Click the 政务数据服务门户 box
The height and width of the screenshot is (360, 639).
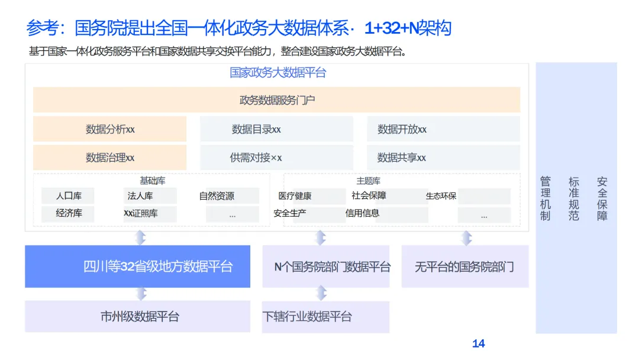click(276, 99)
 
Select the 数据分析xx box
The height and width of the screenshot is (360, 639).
click(110, 129)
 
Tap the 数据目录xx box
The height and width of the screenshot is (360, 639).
click(276, 129)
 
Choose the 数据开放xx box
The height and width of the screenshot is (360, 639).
click(443, 129)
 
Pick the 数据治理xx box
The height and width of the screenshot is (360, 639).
click(110, 157)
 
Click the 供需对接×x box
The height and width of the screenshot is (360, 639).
click(276, 157)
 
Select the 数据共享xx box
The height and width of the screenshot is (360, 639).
click(443, 157)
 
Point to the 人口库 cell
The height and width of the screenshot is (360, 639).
click(68, 196)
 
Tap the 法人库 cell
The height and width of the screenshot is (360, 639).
click(141, 196)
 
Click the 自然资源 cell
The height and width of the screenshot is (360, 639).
click(217, 196)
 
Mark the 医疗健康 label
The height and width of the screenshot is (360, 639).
click(295, 196)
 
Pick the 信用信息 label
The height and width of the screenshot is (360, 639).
click(362, 213)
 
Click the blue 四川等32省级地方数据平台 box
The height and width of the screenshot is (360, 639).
click(137, 266)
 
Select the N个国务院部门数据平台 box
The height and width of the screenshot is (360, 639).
click(326, 267)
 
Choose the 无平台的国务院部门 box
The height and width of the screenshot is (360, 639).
click(465, 267)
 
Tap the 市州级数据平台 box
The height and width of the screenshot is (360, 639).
click(137, 317)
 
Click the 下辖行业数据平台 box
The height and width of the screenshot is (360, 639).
click(326, 317)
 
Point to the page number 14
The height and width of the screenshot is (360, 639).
click(479, 344)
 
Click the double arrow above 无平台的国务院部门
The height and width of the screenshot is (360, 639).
click(467, 238)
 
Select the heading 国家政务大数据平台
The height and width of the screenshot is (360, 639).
click(277, 73)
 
